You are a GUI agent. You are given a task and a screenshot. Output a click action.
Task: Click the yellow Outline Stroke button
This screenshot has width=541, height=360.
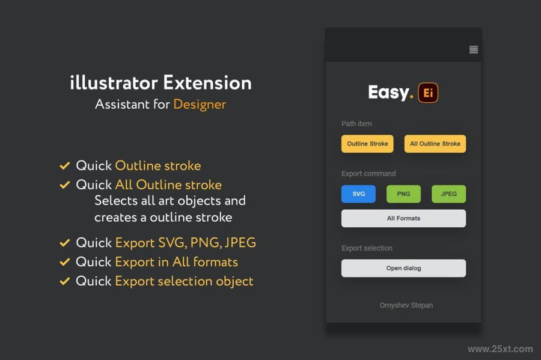(367, 144)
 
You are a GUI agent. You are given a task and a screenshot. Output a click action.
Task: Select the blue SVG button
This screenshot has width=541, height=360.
(358, 194)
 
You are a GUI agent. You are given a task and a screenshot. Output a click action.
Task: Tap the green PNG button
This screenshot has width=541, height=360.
(404, 194)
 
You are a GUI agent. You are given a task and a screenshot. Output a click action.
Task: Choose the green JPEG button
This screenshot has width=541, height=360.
(448, 194)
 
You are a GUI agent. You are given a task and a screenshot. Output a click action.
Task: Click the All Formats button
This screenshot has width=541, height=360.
(404, 218)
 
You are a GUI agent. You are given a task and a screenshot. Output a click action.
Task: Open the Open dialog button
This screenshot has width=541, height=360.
(404, 268)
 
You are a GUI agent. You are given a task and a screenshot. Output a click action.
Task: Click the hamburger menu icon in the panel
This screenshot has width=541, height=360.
(474, 50)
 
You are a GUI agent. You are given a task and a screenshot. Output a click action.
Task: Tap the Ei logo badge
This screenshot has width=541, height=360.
(428, 93)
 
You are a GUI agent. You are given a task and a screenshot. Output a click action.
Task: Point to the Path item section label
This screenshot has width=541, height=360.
(356, 124)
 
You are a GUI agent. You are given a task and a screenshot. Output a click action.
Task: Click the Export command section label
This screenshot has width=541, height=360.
(368, 174)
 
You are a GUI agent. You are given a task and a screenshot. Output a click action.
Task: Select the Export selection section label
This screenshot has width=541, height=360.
(367, 248)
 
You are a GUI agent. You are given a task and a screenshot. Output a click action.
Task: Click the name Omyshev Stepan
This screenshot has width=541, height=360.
(406, 305)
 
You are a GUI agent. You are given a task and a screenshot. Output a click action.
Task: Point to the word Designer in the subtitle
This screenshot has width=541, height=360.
(200, 105)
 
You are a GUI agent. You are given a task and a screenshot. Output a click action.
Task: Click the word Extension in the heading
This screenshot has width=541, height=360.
(207, 83)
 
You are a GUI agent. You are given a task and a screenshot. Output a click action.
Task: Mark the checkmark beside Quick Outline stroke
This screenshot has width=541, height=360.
(65, 166)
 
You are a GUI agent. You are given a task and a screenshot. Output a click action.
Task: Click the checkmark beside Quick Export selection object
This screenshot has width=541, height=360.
(65, 281)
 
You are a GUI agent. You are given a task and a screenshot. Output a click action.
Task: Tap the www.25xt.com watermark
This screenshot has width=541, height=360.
(500, 349)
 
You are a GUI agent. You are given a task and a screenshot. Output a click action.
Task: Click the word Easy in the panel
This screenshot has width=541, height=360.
(388, 93)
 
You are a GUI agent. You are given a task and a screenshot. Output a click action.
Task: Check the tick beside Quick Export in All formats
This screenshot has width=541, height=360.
(65, 262)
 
